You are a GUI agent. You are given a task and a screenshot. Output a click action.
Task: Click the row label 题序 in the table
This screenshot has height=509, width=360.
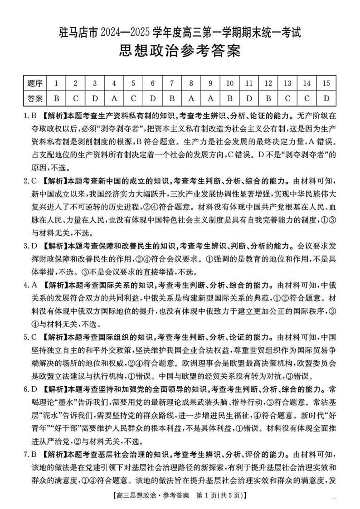pos(35,83)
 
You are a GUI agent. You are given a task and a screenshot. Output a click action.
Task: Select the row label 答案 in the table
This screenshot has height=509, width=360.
pos(35,98)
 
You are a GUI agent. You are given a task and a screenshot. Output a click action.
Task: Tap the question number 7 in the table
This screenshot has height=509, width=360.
pos(172,83)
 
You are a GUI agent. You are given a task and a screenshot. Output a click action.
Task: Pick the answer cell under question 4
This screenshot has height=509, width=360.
pos(114,98)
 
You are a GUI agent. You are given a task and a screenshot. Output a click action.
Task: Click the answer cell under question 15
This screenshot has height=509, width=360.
pos(326,98)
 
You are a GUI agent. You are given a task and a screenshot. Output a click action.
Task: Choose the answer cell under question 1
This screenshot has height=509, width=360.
pos(56,98)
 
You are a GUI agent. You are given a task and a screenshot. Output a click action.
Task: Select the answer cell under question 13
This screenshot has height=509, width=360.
pos(287,98)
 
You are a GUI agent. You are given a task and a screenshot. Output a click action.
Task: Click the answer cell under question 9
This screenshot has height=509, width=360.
pos(210,98)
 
